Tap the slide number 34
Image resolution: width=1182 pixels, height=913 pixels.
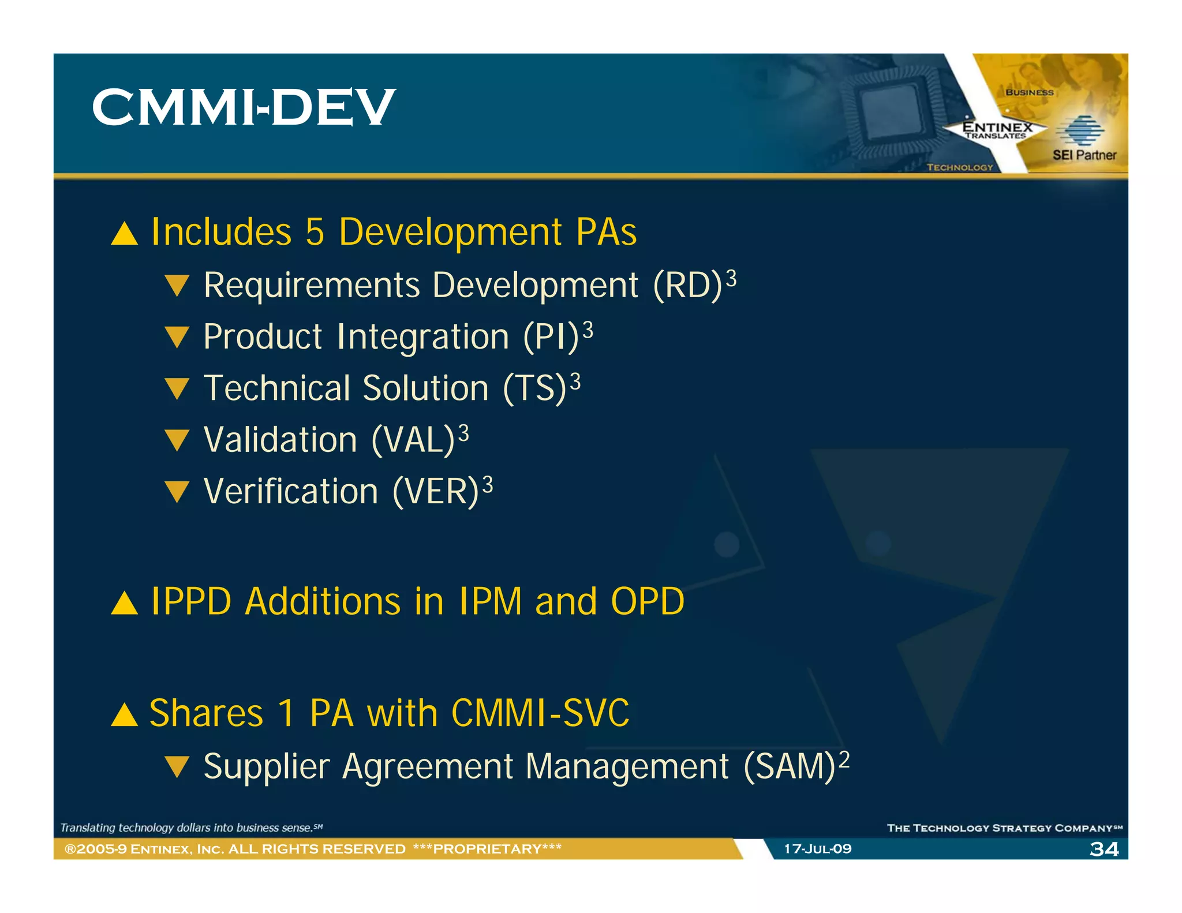click(x=1104, y=848)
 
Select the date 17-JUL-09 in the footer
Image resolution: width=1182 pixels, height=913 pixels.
click(x=817, y=848)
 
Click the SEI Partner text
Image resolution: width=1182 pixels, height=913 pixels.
click(x=1084, y=155)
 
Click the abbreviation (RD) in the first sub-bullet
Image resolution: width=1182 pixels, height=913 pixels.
click(x=687, y=286)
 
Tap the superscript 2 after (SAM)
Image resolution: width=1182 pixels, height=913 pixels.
click(x=844, y=759)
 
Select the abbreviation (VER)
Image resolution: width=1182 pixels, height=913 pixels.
click(x=436, y=492)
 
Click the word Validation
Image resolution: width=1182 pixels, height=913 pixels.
click(x=280, y=440)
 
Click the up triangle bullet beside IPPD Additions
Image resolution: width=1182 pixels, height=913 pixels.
click(x=124, y=604)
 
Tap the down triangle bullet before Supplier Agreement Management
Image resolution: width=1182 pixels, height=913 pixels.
click(x=177, y=768)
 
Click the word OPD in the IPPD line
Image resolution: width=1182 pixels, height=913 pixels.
click(x=647, y=602)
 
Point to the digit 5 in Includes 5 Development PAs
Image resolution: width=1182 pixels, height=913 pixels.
click(x=315, y=232)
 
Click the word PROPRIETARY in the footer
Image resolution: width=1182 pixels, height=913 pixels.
click(x=487, y=848)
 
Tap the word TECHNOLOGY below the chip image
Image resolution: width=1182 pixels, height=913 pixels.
click(x=959, y=167)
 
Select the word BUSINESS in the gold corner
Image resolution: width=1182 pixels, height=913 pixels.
click(x=1029, y=92)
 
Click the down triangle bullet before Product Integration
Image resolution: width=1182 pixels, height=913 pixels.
click(x=177, y=337)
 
